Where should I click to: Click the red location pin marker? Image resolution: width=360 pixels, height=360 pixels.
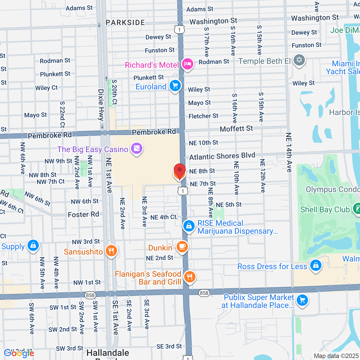point(179,171)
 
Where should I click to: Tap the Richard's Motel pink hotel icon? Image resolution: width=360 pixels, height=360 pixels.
point(187,64)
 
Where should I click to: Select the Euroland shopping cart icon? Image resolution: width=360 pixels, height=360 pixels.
point(175,85)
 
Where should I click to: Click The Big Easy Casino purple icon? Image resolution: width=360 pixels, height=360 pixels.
point(137,148)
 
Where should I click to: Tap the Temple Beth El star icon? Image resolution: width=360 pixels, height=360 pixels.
point(299,60)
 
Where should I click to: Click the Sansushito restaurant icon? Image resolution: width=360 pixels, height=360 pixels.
point(111,251)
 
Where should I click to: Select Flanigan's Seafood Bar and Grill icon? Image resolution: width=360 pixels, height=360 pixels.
point(190,277)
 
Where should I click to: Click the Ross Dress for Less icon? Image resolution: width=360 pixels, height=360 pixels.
point(316,265)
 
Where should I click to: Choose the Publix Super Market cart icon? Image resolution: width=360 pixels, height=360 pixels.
point(302,300)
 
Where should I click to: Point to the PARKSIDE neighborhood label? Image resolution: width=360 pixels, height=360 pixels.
point(125,23)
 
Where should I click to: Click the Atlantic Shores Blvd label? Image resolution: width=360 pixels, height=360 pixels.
point(222,156)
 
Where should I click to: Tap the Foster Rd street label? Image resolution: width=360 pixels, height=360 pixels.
point(84,215)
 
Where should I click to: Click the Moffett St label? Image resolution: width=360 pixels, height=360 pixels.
point(236,129)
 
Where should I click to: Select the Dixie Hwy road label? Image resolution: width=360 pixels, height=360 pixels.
point(101,105)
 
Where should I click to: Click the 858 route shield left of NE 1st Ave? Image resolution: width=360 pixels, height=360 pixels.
point(90,295)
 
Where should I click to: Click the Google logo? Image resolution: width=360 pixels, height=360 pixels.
point(19,353)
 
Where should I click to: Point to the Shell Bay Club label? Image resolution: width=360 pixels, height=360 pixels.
point(325,210)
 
